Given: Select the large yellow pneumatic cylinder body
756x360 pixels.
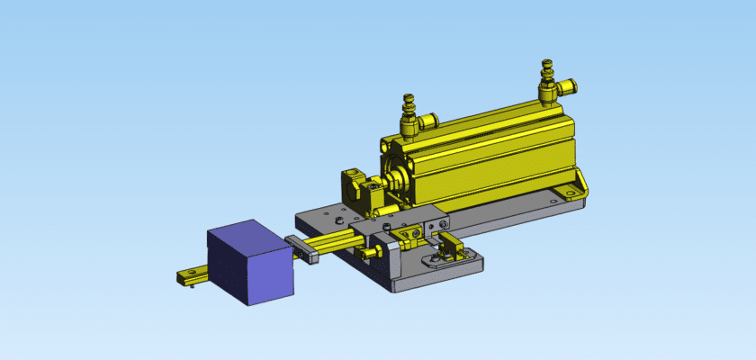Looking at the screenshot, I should pyautogui.click(x=486, y=153).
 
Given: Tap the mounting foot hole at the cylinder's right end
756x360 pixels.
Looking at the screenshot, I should pyautogui.click(x=568, y=192).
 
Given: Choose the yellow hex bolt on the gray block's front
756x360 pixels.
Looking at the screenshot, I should pyautogui.click(x=367, y=256).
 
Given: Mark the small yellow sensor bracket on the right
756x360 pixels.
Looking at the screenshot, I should pyautogui.click(x=451, y=244).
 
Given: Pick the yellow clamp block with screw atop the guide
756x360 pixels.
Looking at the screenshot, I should pyautogui.click(x=410, y=234).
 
